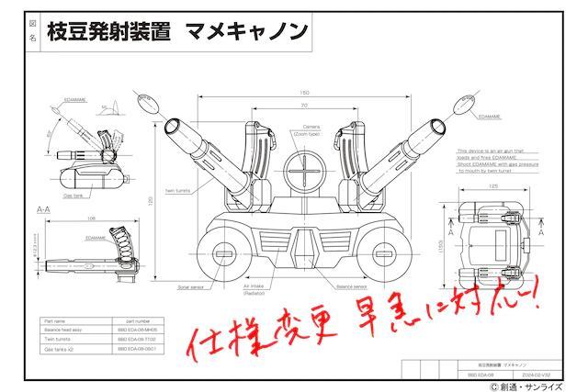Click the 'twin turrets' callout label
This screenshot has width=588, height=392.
(176, 191)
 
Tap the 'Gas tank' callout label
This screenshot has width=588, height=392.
(75, 196)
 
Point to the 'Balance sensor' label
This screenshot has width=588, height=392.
(356, 286)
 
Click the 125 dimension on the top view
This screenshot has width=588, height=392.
(492, 186)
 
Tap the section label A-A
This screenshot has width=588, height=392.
(43, 210)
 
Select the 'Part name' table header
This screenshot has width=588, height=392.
(55, 320)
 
